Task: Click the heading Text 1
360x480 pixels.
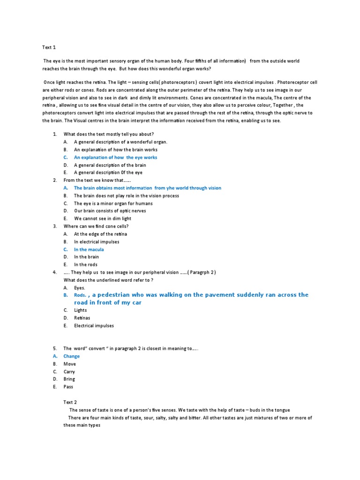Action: pos(49,47)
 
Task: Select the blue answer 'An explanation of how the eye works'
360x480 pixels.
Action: pos(115,157)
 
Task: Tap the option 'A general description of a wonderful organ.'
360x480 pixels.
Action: pos(120,142)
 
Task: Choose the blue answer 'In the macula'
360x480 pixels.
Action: pos(89,249)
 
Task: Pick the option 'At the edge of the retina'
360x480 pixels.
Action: pos(100,234)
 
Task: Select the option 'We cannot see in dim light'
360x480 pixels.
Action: pos(103,218)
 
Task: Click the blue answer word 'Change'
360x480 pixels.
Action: pos(72,356)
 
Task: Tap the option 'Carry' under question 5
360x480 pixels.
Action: pos(69,372)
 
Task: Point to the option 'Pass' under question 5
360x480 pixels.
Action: pos(68,387)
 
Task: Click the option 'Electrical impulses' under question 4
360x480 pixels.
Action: pos(94,326)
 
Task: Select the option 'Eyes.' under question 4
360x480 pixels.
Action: pos(80,287)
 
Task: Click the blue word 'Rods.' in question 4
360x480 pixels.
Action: pos(80,295)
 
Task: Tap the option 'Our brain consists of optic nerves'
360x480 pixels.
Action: pos(110,211)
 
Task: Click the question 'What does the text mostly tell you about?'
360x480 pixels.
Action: pos(109,134)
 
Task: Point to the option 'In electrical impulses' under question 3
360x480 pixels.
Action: pos(97,242)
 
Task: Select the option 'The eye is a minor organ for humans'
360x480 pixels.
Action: pos(113,203)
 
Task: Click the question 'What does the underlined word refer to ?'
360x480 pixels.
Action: pos(108,280)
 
